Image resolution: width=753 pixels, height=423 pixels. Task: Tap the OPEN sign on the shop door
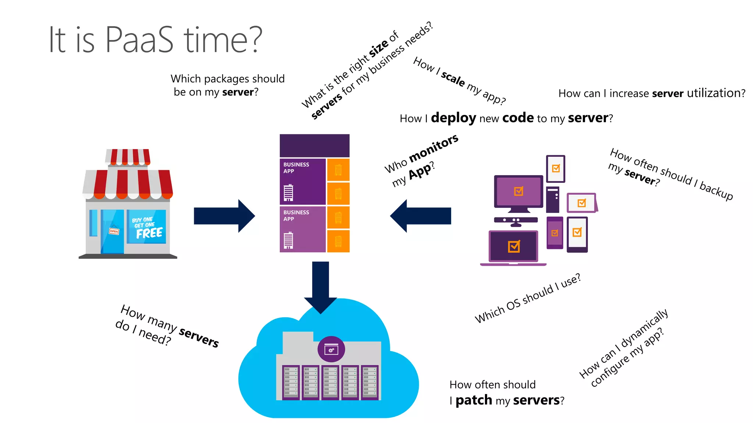[x=114, y=231]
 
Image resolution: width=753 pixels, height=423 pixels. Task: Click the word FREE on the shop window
[x=149, y=233]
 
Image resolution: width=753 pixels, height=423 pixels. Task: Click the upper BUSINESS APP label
[x=296, y=168]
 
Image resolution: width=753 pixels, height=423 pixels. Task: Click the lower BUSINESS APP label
[x=296, y=216]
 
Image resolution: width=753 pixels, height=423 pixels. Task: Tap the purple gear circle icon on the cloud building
[x=331, y=349]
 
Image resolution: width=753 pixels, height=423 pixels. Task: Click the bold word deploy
[x=453, y=118]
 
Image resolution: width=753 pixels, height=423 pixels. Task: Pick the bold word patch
[x=474, y=400]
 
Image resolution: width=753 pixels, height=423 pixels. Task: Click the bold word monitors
[x=434, y=148]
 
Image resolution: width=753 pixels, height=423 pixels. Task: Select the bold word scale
[x=453, y=79]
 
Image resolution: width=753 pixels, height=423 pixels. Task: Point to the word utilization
[x=715, y=93]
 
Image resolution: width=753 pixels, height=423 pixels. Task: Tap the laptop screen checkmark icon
[x=514, y=246]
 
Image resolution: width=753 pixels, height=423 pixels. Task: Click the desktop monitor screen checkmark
[x=518, y=191]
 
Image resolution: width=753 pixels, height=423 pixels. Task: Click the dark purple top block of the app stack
[x=314, y=145]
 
